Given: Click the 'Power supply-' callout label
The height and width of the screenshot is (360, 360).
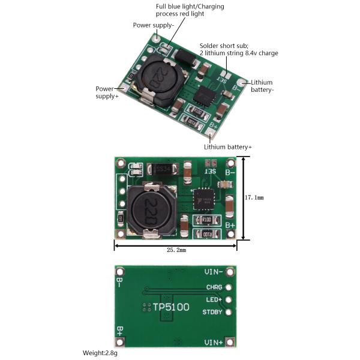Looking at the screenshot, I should (154, 25).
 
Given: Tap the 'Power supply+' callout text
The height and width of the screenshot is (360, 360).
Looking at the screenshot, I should (107, 92).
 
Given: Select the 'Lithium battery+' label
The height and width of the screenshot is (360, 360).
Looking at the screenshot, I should (227, 147).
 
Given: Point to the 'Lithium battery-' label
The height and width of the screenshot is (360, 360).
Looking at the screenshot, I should (262, 86).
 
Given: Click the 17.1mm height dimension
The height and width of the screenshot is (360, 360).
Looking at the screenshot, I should (254, 197).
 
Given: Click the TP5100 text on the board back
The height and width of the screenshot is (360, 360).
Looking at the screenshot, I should (170, 307).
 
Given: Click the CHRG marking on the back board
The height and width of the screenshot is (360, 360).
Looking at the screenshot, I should (214, 287).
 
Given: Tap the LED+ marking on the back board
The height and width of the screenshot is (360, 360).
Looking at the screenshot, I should (214, 299).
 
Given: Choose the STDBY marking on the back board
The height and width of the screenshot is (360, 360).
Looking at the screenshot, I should (212, 312).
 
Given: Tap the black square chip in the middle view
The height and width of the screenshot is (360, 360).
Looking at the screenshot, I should (203, 199).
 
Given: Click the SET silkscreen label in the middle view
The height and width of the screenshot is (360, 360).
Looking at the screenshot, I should (209, 172).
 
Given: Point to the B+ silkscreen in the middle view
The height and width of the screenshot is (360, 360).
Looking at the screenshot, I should (230, 225).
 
